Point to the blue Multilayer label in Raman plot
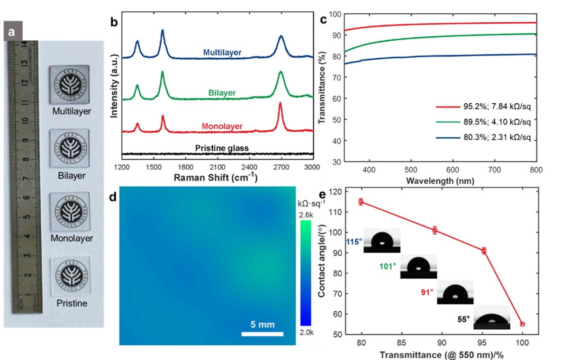[x=222, y=52]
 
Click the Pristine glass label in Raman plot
[x=222, y=148]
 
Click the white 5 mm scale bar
[x=262, y=334]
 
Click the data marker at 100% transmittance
[x=522, y=324]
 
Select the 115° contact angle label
[x=354, y=241]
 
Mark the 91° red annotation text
[x=426, y=293]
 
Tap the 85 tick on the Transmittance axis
[x=402, y=342]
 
